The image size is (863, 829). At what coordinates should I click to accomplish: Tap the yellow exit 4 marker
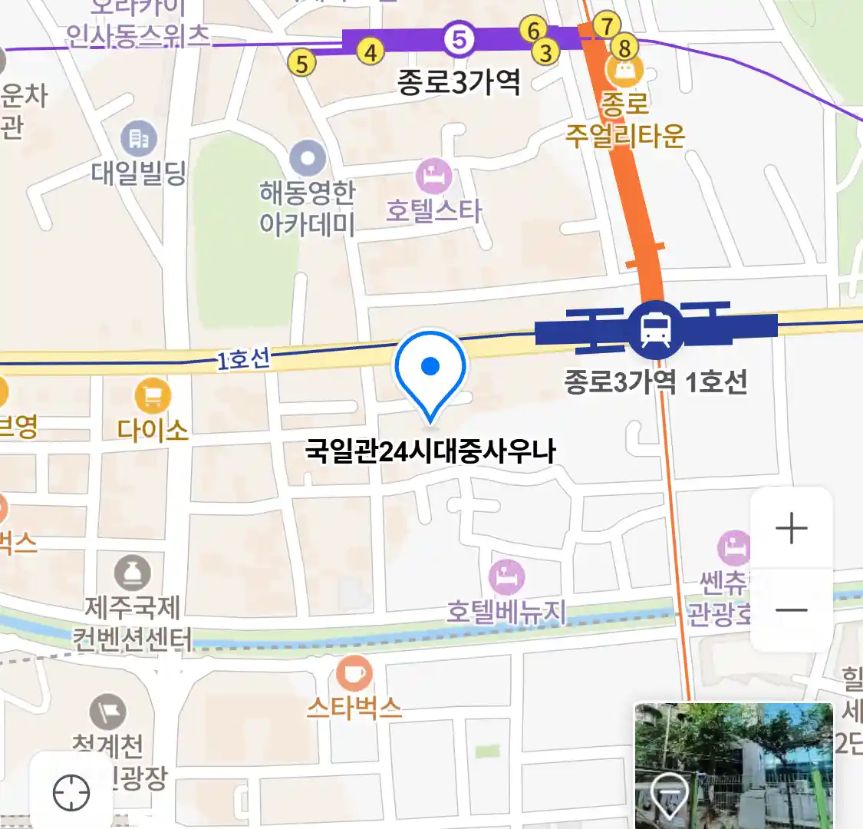tap(371, 52)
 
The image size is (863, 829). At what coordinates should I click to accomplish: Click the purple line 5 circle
tap(459, 38)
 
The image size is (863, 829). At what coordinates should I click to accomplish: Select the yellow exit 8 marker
tap(624, 48)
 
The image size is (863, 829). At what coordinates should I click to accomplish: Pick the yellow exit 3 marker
tap(545, 53)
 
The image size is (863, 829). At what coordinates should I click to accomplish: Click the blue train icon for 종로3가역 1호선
tap(656, 329)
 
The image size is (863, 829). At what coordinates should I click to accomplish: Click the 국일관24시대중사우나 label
tap(430, 451)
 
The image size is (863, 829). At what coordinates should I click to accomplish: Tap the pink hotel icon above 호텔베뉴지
tap(506, 576)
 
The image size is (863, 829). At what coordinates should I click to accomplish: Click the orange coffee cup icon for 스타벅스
tap(354, 674)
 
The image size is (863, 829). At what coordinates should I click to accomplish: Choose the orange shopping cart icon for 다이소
tap(153, 397)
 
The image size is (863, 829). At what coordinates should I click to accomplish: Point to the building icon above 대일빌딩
tap(139, 139)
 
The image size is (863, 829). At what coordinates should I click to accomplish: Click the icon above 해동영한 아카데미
tap(308, 160)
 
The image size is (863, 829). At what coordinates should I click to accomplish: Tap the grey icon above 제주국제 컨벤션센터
tap(133, 573)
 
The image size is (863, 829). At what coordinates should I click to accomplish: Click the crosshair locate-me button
tap(71, 793)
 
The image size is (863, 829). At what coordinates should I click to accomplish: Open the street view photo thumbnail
tap(733, 765)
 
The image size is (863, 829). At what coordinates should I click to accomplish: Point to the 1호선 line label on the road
tap(243, 358)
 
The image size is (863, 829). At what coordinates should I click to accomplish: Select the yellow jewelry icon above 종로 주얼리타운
tap(624, 72)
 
